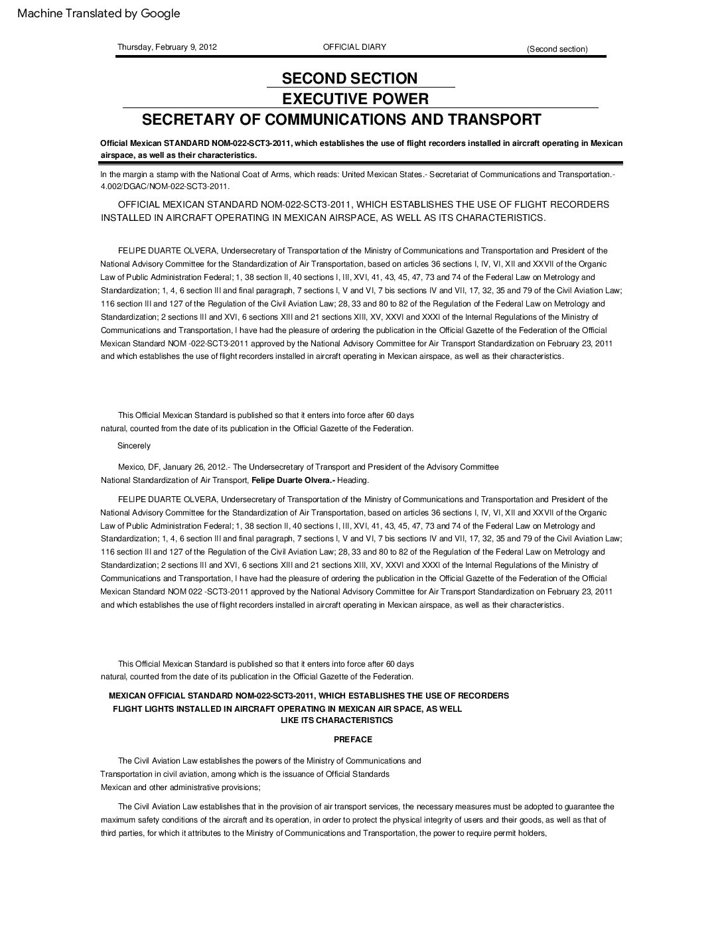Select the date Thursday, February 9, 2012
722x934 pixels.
[x=167, y=47]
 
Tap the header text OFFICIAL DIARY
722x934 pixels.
[x=354, y=47]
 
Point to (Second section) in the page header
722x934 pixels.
[x=557, y=49]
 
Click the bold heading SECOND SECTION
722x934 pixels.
[x=350, y=78]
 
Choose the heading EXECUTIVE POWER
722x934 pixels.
[x=355, y=99]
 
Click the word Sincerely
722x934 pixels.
[x=134, y=446]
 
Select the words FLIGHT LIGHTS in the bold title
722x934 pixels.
[x=141, y=708]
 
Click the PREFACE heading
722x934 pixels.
[x=352, y=739]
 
